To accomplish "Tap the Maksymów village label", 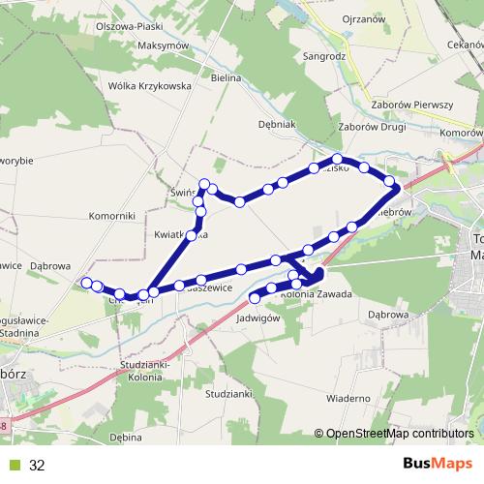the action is click(x=136, y=45).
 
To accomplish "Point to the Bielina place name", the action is click(x=225, y=75).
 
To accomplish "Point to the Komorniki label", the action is click(x=109, y=217).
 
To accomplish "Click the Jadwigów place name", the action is click(x=257, y=317).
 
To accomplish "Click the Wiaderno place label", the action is click(x=349, y=398).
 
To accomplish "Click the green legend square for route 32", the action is click(x=15, y=465).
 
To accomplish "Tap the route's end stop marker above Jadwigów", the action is click(x=256, y=298).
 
